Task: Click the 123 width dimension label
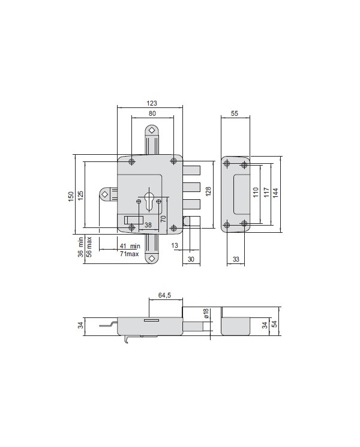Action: (x=151, y=103)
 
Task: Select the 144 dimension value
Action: (x=275, y=193)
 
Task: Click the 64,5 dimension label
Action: (x=165, y=295)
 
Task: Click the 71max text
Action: (x=129, y=254)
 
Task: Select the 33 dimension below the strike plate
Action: (x=235, y=259)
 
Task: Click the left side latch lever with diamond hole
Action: (x=106, y=194)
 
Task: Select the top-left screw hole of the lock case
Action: (x=132, y=161)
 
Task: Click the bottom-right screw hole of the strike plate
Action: (x=244, y=224)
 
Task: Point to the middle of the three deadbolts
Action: (x=191, y=185)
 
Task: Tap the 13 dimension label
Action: (x=174, y=246)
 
